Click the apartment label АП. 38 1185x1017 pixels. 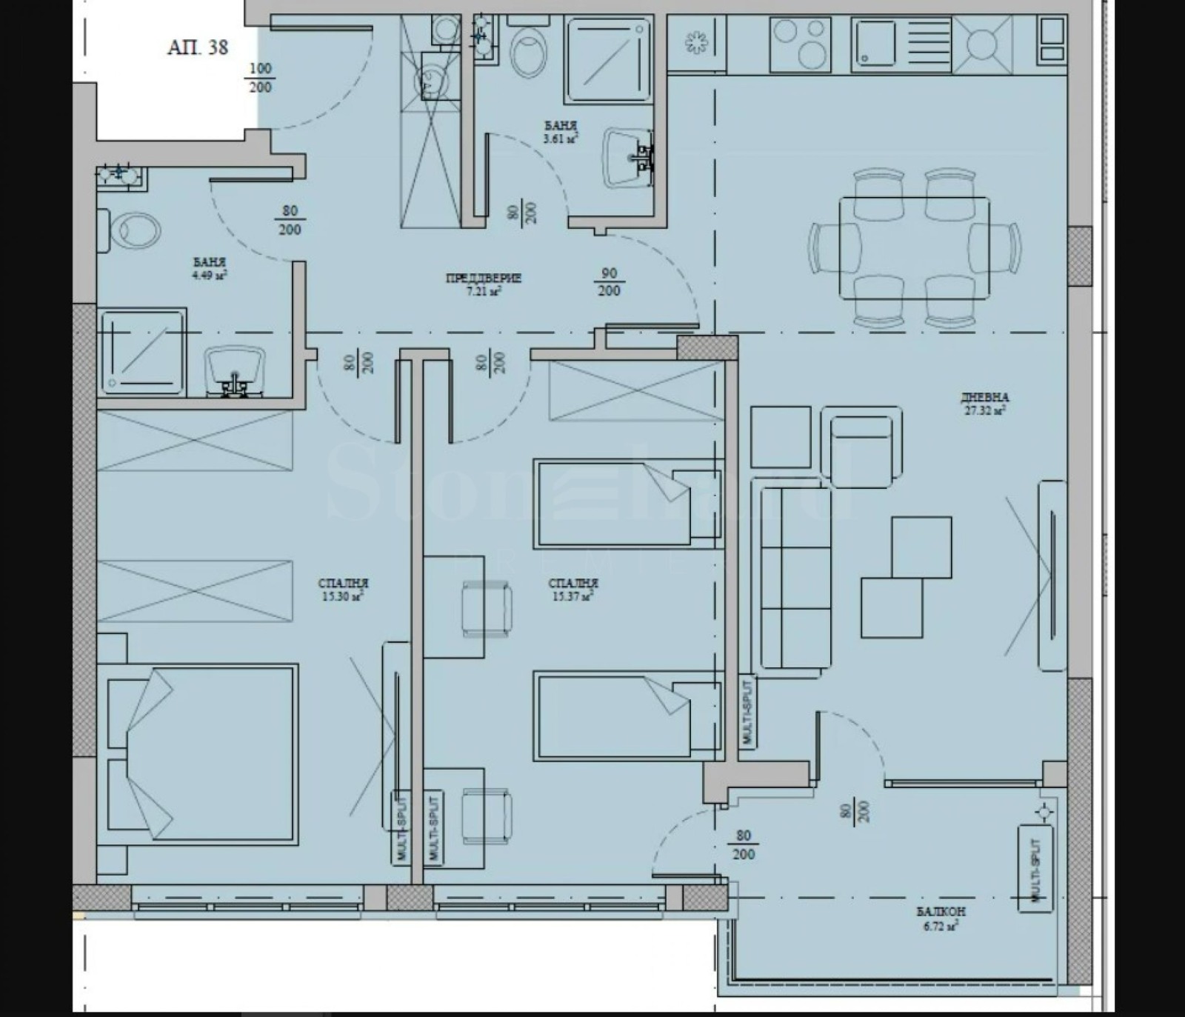[197, 48]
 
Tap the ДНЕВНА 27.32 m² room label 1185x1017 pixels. [984, 403]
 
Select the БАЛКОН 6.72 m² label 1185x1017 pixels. [941, 918]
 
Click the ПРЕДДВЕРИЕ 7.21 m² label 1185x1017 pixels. [484, 284]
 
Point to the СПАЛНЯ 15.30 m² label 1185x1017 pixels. [343, 590]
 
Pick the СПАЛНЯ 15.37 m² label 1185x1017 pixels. [573, 590]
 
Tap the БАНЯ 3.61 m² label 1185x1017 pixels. [560, 132]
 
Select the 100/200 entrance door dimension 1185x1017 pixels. [260, 78]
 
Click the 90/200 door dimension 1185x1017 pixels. [609, 282]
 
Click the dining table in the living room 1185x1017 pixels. [914, 247]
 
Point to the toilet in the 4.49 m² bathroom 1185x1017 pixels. [133, 230]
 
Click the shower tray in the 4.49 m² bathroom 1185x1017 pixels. [141, 353]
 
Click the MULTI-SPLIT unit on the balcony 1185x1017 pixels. [1035, 868]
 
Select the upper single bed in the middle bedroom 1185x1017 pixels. [627, 504]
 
